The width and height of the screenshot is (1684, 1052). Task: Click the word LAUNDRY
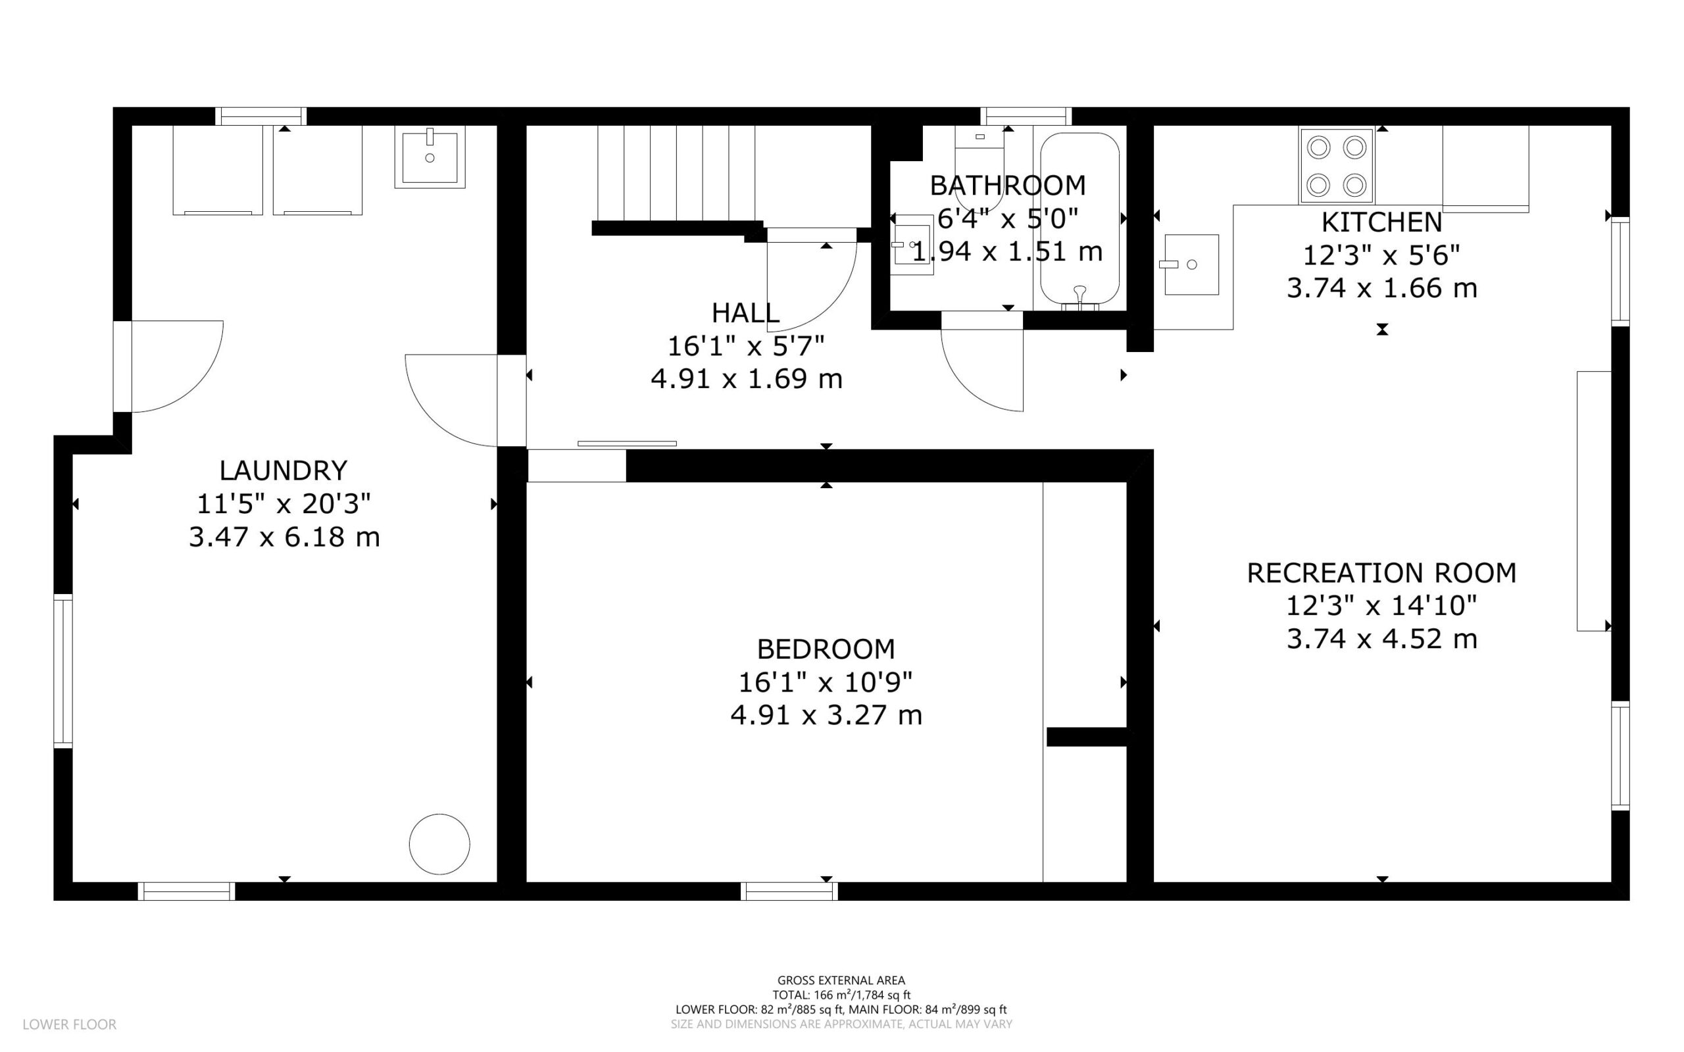283,470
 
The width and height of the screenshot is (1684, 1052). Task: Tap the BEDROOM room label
826,649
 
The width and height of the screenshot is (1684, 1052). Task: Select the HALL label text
745,313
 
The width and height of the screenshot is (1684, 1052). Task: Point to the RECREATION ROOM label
1381,572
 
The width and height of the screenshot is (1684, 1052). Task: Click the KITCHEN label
1381,222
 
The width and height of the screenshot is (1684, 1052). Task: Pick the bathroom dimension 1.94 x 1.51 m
1007,252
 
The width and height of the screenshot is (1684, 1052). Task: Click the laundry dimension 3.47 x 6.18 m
284,537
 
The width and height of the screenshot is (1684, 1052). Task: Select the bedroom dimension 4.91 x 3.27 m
826,715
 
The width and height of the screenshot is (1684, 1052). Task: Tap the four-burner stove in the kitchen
1336,166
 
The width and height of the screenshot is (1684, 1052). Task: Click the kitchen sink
1191,264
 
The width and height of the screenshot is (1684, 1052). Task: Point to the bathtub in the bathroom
1079,220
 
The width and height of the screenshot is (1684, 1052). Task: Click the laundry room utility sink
430,157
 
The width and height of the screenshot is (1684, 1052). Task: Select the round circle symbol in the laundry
439,844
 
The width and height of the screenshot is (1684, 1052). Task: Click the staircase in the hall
676,173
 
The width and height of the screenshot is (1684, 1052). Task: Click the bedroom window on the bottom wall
789,891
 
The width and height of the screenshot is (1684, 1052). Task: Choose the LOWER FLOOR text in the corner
70,1024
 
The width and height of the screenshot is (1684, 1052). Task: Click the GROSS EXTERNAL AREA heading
841,980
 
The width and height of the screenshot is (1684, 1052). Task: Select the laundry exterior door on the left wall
122,366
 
